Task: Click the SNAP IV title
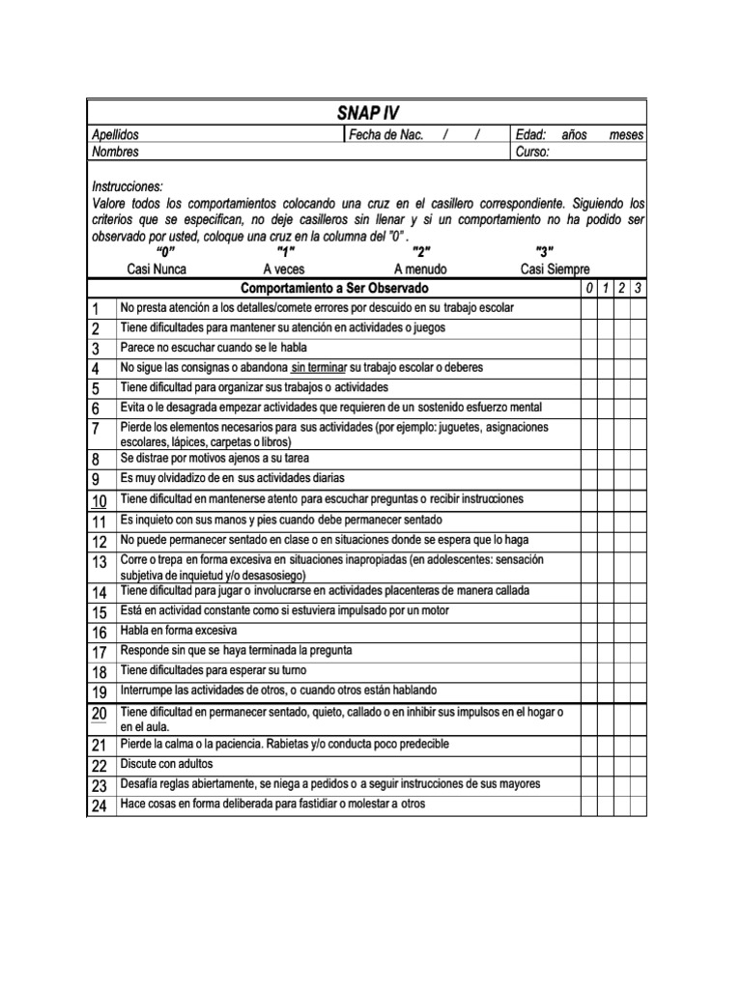tap(367, 113)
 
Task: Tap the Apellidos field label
tap(115, 135)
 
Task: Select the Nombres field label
tap(115, 152)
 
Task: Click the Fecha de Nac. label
tap(386, 135)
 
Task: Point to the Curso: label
tap(532, 152)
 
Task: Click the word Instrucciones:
tap(128, 186)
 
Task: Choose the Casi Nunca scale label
tap(157, 269)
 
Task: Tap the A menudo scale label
tap(420, 269)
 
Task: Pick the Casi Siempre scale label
tap(556, 269)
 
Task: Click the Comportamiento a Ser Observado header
tap(333, 289)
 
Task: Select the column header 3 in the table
tap(638, 289)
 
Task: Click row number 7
tap(97, 428)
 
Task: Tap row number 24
tap(99, 805)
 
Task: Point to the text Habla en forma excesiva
tap(179, 631)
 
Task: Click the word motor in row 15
tap(433, 611)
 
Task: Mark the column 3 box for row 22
tap(638, 765)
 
